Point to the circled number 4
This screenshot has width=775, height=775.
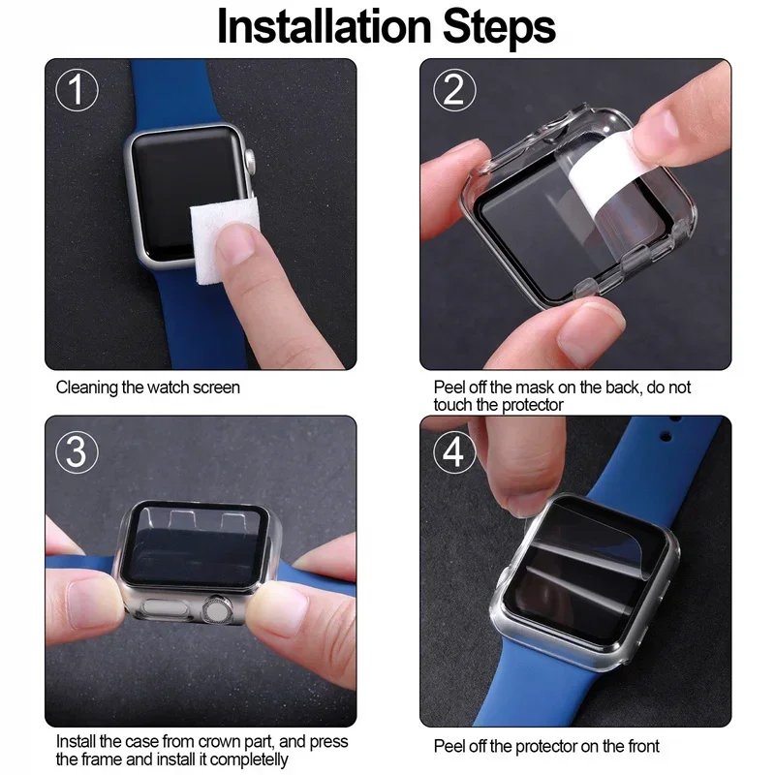453,451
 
